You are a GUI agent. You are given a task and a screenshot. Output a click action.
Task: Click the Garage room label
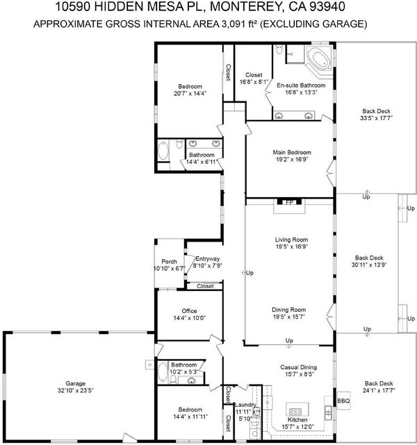tap(75, 383)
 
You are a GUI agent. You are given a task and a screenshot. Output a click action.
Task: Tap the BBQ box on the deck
tap(343, 401)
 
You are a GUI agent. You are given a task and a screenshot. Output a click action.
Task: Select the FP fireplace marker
tap(289, 202)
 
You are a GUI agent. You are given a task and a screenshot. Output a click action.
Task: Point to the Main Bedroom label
tap(292, 153)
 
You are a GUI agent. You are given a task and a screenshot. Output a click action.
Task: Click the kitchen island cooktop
tap(297, 411)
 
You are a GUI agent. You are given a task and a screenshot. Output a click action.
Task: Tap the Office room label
tap(189, 311)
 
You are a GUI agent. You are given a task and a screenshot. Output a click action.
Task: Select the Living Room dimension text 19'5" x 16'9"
tap(292, 246)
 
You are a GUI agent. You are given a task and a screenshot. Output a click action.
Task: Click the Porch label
tap(169, 262)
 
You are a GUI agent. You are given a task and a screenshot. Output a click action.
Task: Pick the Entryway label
tap(208, 259)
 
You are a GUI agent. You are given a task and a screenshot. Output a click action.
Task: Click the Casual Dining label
tap(298, 367)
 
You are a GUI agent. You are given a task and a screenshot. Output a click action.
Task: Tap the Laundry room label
tap(245, 405)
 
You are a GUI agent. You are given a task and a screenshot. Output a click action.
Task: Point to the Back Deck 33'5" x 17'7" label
tap(376, 115)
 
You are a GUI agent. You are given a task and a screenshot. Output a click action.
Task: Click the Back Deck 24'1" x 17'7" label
tap(379, 387)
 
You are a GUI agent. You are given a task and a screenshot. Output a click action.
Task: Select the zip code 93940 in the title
tap(327, 7)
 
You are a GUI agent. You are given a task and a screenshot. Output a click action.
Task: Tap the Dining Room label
tap(289, 310)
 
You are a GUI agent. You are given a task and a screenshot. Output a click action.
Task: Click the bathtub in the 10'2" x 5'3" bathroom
tap(163, 373)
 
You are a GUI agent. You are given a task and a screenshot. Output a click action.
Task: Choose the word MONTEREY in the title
tap(246, 7)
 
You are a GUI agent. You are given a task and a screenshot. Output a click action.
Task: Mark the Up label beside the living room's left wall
tap(250, 273)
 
